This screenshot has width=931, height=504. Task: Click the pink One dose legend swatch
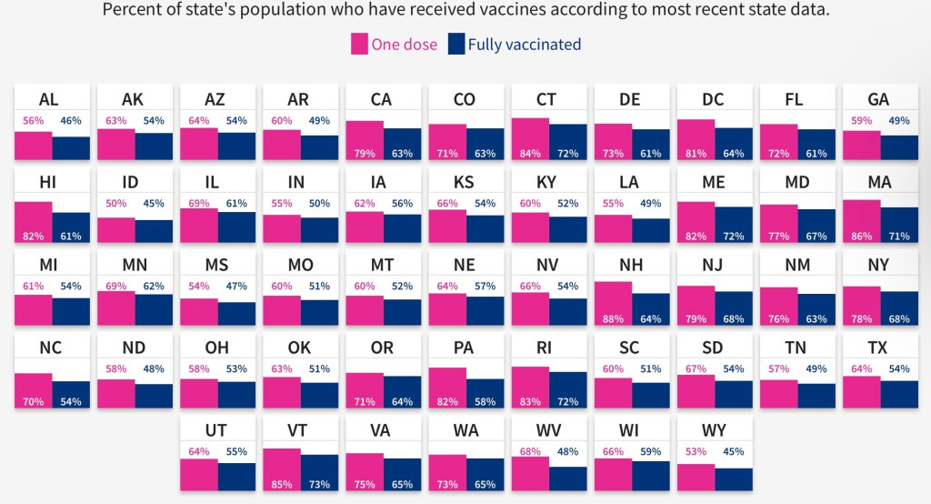[x=359, y=44]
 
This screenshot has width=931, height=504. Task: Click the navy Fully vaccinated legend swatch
[x=456, y=44]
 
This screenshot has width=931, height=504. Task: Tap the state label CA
[x=381, y=99]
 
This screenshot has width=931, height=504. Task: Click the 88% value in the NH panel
[x=609, y=318]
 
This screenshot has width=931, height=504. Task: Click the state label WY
[x=713, y=431]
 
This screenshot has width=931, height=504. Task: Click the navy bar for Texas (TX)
[x=899, y=394]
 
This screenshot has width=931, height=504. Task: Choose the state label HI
[x=48, y=182]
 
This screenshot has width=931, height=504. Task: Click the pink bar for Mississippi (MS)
[x=198, y=312]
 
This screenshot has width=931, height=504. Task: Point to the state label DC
[x=713, y=99]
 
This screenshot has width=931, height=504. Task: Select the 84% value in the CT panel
[x=526, y=153]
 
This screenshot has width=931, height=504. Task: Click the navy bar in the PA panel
[x=486, y=388]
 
